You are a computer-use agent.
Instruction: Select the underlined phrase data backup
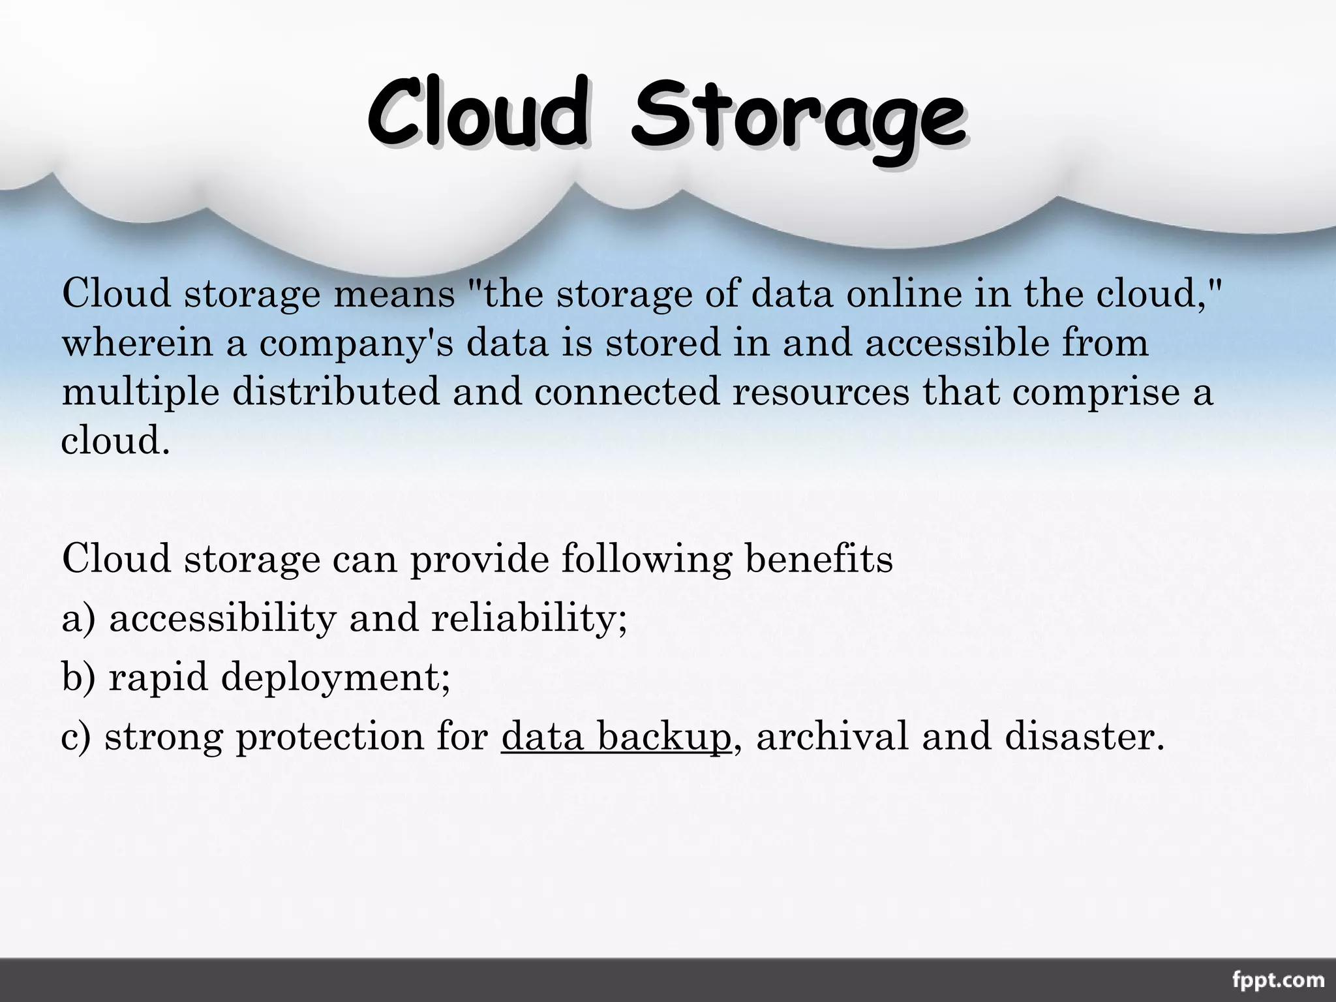616,736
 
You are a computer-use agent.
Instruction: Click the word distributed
336,392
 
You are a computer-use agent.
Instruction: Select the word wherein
138,343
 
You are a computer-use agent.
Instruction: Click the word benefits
819,559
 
